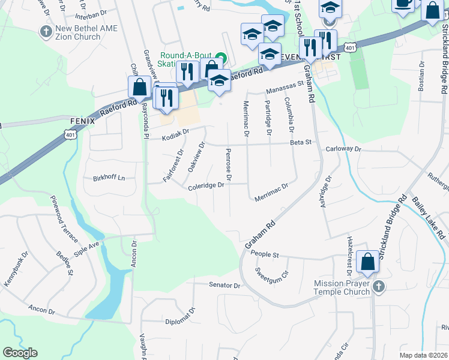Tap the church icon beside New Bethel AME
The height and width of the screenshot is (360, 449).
tap(46, 31)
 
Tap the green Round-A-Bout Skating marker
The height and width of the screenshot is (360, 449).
tap(220, 59)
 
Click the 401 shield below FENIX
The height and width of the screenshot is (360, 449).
tap(71, 136)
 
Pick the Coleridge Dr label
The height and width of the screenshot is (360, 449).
tap(206, 185)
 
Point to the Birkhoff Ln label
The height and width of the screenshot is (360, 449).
tap(109, 178)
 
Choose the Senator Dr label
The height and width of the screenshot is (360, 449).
tap(224, 285)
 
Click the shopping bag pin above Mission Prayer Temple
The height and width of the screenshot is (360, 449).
tap(367, 262)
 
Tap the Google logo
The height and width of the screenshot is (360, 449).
tap(20, 353)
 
